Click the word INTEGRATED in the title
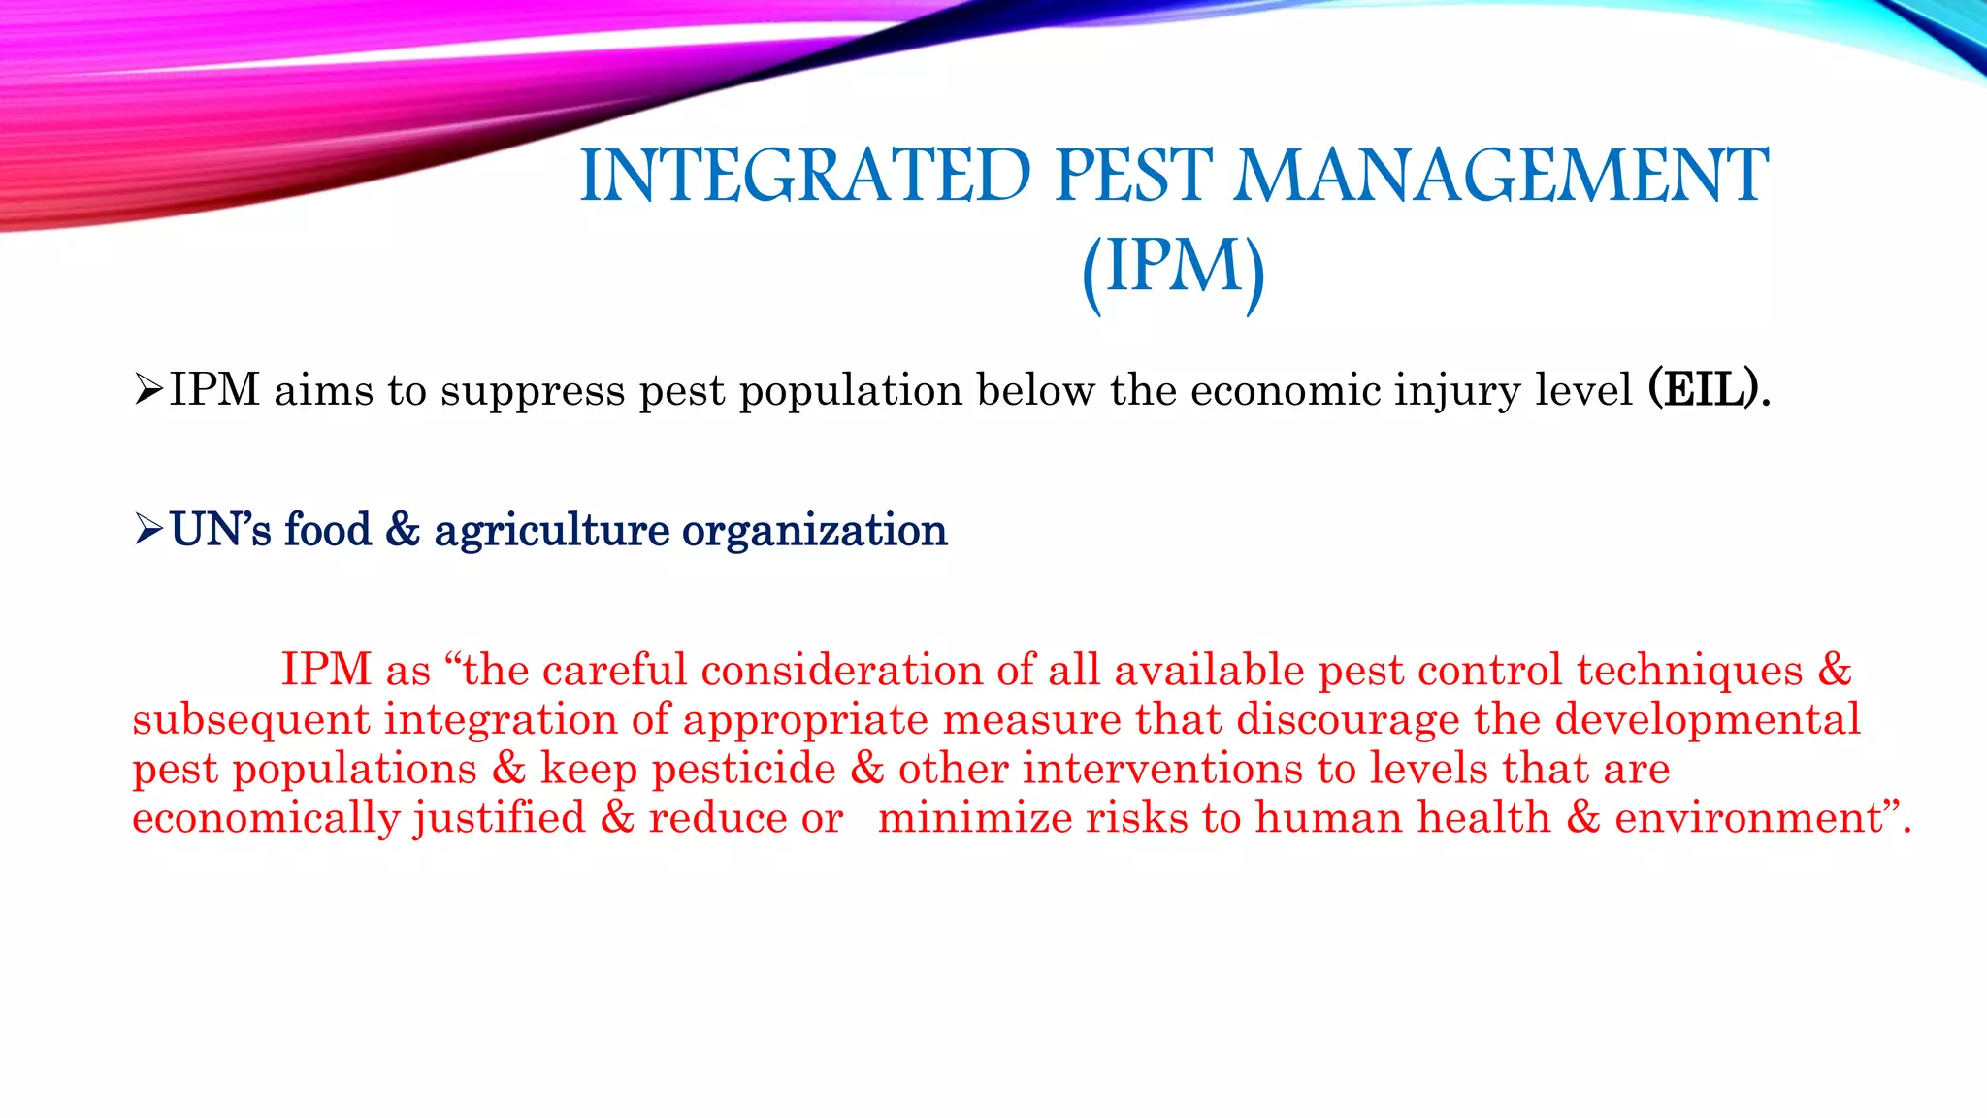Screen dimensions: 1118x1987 pyautogui.click(x=805, y=177)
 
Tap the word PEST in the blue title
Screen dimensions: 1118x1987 pyautogui.click(x=1133, y=177)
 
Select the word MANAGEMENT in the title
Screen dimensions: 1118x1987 pyautogui.click(x=1501, y=177)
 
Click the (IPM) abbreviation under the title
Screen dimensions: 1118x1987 pyautogui.click(x=1174, y=268)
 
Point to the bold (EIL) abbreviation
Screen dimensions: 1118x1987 pyautogui.click(x=1707, y=390)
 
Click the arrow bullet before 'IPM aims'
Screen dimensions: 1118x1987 pyautogui.click(x=148, y=390)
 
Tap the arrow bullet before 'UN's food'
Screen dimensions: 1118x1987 pyautogui.click(x=148, y=530)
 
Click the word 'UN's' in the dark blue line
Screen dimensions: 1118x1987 pyautogui.click(x=220, y=530)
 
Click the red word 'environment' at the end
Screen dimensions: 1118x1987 pyautogui.click(x=1747, y=817)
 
